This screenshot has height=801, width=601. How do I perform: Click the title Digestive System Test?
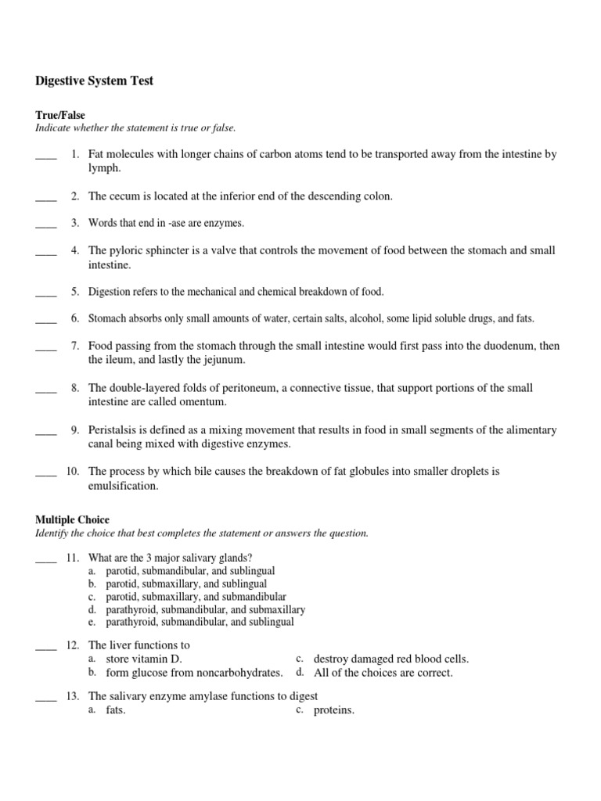[x=94, y=81]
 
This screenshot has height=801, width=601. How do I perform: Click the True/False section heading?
[x=60, y=115]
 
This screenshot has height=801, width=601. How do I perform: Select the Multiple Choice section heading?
[x=73, y=519]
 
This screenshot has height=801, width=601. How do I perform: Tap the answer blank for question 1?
[x=46, y=156]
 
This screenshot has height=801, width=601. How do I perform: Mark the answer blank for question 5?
[x=46, y=293]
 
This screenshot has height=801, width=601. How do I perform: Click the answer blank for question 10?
[x=46, y=472]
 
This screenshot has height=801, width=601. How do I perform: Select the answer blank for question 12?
[x=46, y=646]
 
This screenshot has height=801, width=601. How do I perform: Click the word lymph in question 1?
[x=103, y=168]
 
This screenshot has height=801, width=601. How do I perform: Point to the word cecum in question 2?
[x=124, y=196]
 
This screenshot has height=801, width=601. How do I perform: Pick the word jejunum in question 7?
[x=222, y=360]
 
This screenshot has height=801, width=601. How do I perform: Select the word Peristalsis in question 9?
[x=115, y=430]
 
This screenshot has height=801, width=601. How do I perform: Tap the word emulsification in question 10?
[x=124, y=486]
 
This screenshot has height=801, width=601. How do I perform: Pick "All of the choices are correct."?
[x=383, y=673]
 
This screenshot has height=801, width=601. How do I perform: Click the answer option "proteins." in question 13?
[x=334, y=711]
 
